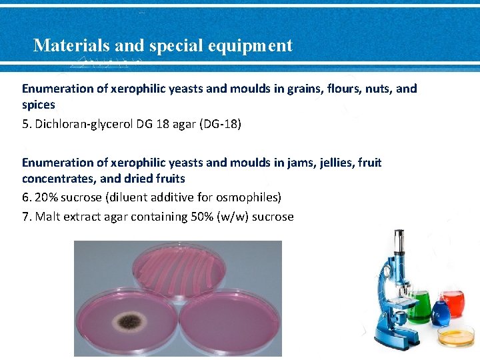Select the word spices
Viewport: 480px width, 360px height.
(x=39, y=105)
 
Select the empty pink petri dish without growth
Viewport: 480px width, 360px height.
(x=230, y=323)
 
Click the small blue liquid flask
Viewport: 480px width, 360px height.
(x=439, y=311)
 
